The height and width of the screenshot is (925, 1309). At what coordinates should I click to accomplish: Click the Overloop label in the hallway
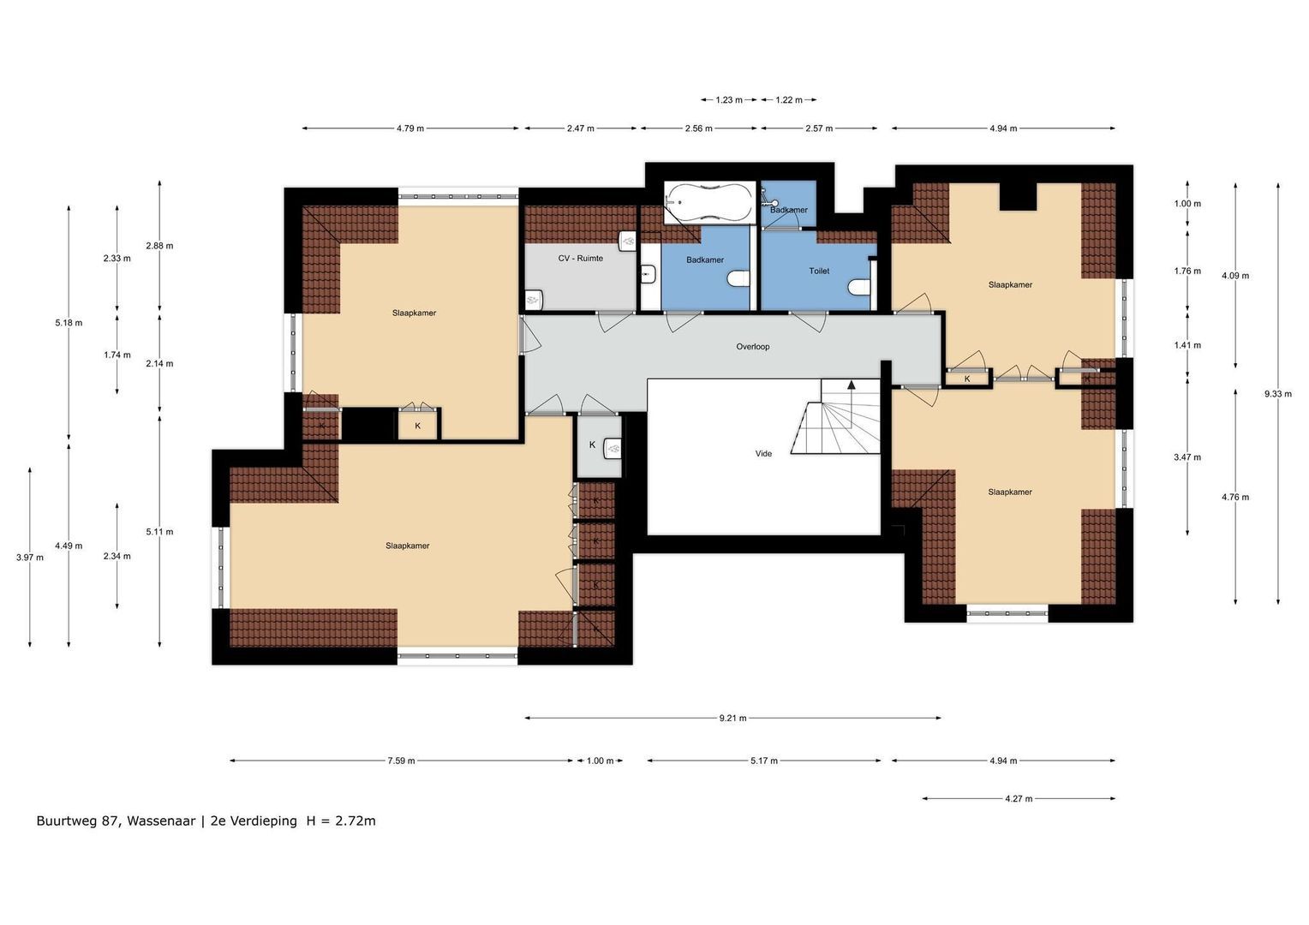coord(752,347)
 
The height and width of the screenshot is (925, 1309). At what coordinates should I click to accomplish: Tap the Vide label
coord(762,454)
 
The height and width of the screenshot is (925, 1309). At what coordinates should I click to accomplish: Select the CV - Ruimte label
coord(580,258)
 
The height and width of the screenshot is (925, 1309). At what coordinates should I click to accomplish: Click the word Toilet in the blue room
coord(819,271)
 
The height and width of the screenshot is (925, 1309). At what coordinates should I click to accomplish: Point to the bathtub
coord(709,202)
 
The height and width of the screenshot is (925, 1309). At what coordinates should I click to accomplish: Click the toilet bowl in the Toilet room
coord(858,287)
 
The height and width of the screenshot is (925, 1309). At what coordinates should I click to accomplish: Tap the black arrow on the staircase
coord(851,385)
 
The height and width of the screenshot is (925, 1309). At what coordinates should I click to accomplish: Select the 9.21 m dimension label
coord(732,719)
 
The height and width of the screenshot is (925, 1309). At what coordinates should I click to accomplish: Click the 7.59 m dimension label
coord(401,761)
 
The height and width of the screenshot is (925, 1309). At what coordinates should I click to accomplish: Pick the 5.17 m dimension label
coord(763,761)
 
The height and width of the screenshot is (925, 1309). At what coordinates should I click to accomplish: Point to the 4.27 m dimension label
coord(1019,799)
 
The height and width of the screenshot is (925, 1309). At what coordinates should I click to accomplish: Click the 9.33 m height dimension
coord(1277,394)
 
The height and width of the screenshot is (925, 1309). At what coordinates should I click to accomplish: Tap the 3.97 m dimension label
coord(29,558)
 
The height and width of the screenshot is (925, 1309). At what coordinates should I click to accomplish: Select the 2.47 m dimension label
coord(580,128)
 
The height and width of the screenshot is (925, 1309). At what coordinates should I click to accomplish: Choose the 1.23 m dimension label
coord(729,100)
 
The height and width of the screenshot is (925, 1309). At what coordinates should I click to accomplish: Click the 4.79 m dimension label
coord(409,128)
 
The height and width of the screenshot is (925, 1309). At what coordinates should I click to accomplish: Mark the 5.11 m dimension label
coord(159,532)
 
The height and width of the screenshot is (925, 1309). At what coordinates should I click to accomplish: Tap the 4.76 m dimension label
coord(1234,497)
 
